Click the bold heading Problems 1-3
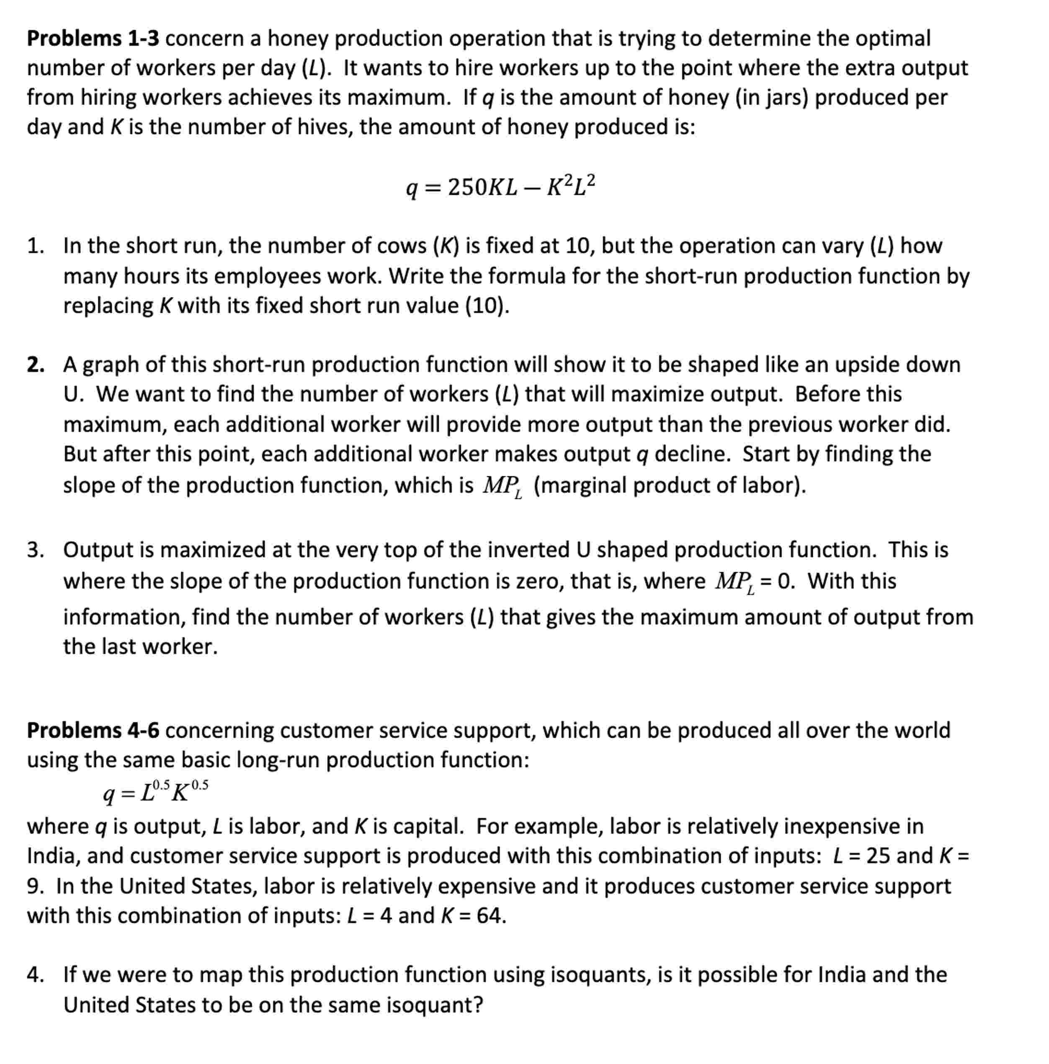[x=93, y=39]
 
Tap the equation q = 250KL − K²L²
[x=500, y=187]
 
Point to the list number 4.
[x=35, y=975]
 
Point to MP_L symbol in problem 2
[x=502, y=486]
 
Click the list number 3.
[x=35, y=550]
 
